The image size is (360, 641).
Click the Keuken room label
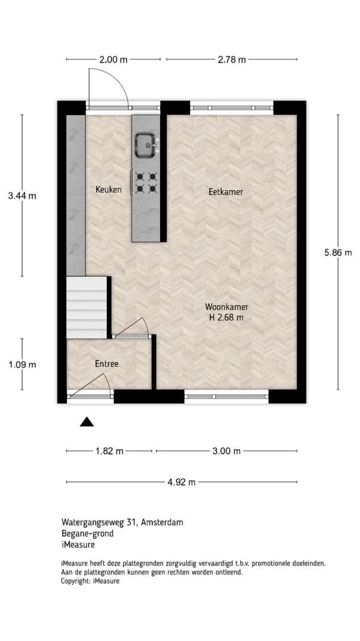pyautogui.click(x=109, y=190)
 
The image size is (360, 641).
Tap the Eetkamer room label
pyautogui.click(x=225, y=192)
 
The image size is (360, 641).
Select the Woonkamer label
pyautogui.click(x=227, y=307)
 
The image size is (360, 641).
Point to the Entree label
pyautogui.click(x=107, y=364)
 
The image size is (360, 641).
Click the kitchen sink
pyautogui.click(x=145, y=145)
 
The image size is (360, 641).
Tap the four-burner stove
pyautogui.click(x=146, y=182)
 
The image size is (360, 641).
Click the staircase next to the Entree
pyautogui.click(x=87, y=307)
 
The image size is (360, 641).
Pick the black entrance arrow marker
pyautogui.click(x=87, y=422)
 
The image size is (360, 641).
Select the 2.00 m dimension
pyautogui.click(x=113, y=60)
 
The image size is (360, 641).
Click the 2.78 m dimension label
pyautogui.click(x=232, y=60)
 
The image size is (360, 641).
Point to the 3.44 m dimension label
pyautogui.click(x=22, y=196)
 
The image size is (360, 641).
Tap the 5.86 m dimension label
pyautogui.click(x=338, y=253)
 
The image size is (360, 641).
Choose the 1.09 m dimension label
pyautogui.click(x=22, y=364)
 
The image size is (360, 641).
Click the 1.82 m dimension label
pyautogui.click(x=109, y=451)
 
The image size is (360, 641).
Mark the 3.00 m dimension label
pyautogui.click(x=227, y=451)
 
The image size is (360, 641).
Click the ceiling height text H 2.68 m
pyautogui.click(x=227, y=317)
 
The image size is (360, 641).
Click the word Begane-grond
pyautogui.click(x=87, y=534)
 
